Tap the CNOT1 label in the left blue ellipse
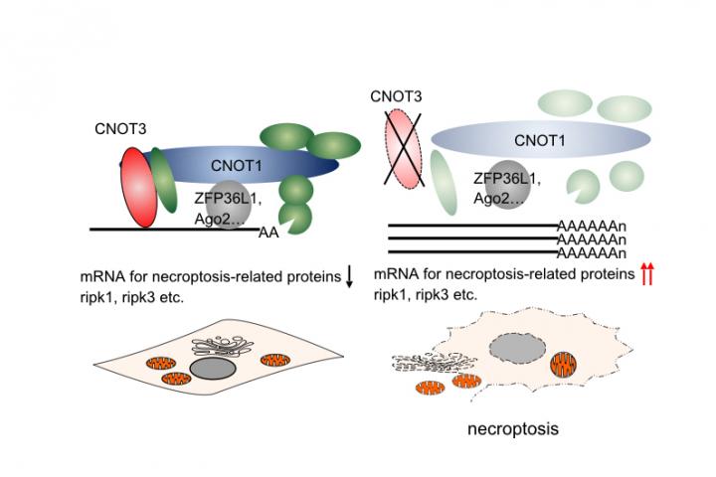(236, 163)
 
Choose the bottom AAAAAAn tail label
(592, 253)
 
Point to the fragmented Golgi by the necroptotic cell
(424, 366)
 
